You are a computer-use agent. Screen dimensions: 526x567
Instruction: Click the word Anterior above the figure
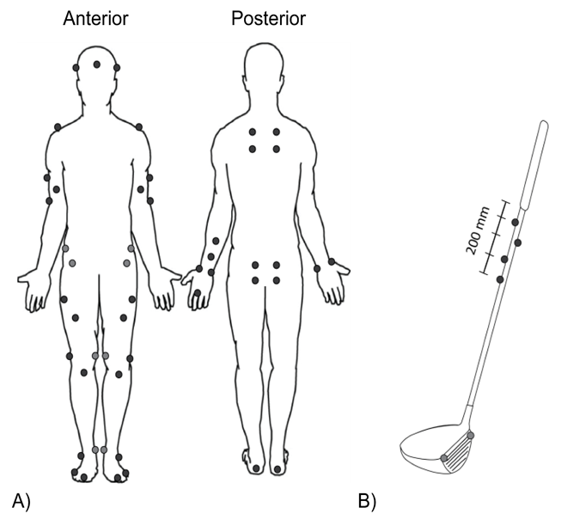pos(96,17)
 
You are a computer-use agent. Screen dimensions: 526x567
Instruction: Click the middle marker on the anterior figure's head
pos(96,65)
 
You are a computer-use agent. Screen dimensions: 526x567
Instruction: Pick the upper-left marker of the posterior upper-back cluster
pos(253,131)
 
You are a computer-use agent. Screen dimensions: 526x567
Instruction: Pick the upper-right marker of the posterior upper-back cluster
pos(277,131)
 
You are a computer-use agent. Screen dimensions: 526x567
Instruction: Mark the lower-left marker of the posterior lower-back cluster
pos(255,280)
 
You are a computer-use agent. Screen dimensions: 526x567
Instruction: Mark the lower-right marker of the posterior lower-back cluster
pos(277,280)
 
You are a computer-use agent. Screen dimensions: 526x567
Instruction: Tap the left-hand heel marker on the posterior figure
pos(256,468)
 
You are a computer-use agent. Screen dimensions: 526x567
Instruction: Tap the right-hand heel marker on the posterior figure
pos(277,468)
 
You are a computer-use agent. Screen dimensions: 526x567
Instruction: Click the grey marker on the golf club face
pos(444,458)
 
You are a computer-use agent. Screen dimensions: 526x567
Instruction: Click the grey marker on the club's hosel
pos(471,435)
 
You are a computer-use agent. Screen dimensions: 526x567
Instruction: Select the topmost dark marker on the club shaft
pos(515,223)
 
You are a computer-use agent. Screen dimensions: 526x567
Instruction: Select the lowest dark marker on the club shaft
pos(500,278)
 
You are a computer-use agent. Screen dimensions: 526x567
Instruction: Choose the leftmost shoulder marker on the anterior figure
pos(58,126)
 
